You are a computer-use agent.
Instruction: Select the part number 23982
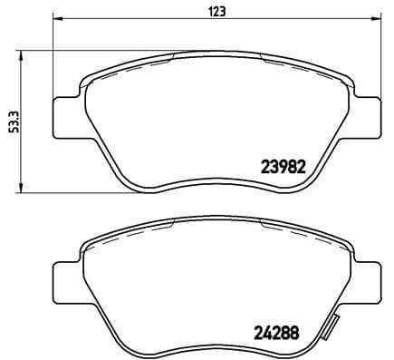pyautogui.click(x=283, y=167)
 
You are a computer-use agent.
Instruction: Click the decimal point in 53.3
pyautogui.click(x=12, y=118)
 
